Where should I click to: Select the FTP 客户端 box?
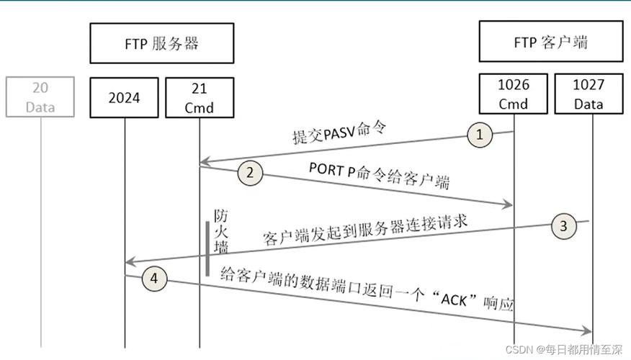pos(551,42)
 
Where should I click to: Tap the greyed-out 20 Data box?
pos(40,96)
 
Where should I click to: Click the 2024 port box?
pos(124,96)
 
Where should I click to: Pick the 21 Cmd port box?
pos(200,96)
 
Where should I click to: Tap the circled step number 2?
pos(249,174)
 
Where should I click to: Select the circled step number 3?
pos(564,226)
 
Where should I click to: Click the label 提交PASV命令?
pos(339,134)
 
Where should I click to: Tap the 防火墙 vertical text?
pos(221,230)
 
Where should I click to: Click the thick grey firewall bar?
pos(207,248)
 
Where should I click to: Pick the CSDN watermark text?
pos(563,348)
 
